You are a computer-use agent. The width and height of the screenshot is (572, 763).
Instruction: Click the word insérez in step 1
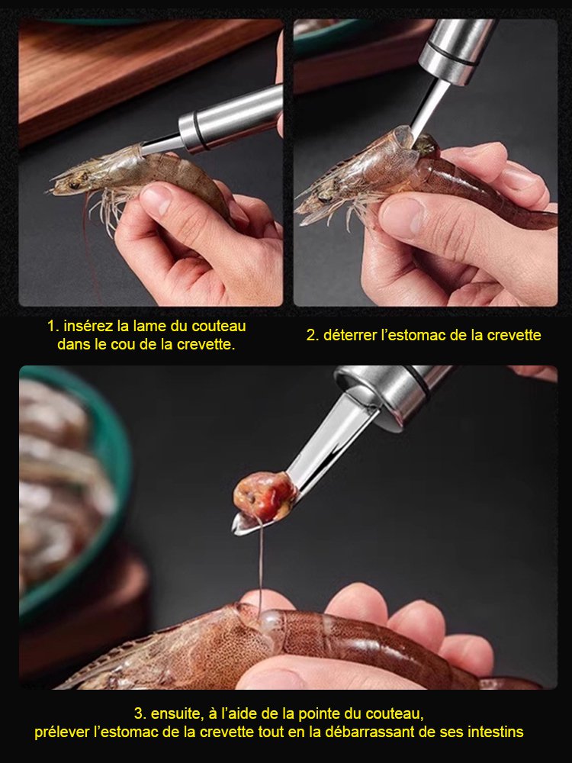(x=87, y=326)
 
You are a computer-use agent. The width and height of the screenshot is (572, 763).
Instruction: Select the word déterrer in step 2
(x=352, y=335)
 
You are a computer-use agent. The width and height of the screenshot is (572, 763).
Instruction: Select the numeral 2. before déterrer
(x=312, y=335)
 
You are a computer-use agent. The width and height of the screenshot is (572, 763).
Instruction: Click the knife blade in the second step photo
(x=424, y=107)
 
